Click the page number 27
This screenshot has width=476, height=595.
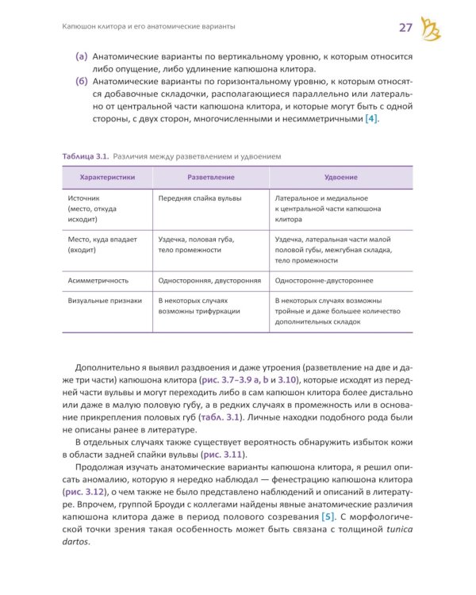point(405,29)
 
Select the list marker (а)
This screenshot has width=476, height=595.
point(81,57)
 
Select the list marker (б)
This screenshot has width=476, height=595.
point(81,81)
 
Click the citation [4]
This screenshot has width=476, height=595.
point(370,118)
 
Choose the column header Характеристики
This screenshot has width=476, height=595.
point(106,177)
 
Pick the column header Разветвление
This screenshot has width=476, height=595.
point(210,177)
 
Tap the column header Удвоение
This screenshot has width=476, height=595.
point(341,177)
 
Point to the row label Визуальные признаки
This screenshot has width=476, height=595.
point(105,301)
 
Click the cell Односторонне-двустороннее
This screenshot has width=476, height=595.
point(324,280)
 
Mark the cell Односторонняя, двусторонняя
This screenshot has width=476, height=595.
point(209,280)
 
